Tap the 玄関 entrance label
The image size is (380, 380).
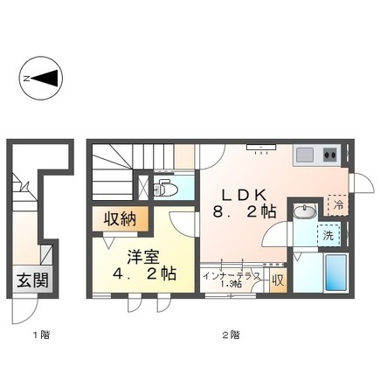(x=32, y=280)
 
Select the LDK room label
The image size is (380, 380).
(x=244, y=195)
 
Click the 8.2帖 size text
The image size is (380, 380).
(x=245, y=211)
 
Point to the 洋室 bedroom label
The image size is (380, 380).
(x=142, y=257)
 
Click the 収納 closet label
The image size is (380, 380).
(x=121, y=219)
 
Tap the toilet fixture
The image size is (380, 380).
(x=165, y=189)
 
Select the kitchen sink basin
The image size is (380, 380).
(x=305, y=155)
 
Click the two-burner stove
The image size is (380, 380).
(x=330, y=155)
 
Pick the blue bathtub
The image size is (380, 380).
(x=335, y=273)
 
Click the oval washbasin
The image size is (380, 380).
(x=305, y=211)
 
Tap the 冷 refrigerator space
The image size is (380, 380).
(x=338, y=205)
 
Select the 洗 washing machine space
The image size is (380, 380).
(x=329, y=236)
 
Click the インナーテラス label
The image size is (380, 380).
(x=231, y=276)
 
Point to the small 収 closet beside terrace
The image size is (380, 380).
(x=278, y=280)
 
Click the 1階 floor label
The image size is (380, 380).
(x=41, y=335)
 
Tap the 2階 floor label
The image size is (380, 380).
(x=231, y=335)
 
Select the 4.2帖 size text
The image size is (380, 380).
(x=144, y=274)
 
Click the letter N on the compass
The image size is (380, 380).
(x=27, y=79)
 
